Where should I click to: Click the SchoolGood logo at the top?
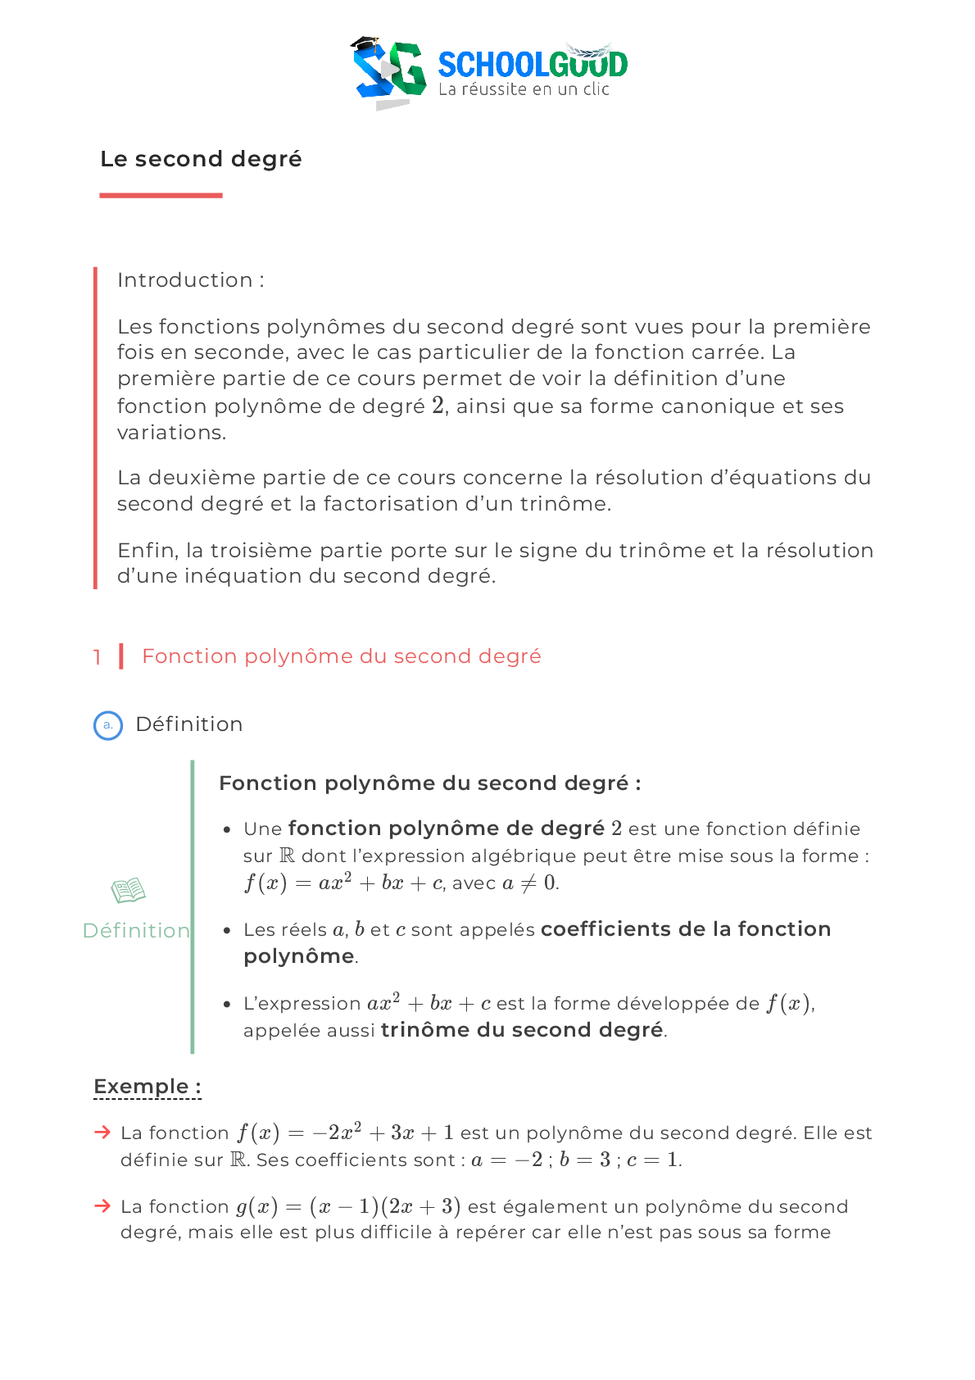490,66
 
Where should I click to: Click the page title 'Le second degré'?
201,159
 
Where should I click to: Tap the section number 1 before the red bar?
97,657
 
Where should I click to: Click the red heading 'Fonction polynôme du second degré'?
341,656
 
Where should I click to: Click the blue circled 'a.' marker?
108,725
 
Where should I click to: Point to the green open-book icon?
129,890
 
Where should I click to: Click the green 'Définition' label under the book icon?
136,931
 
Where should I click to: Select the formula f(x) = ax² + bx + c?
344,883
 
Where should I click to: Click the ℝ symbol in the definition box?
287,856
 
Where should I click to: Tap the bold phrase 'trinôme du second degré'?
522,1030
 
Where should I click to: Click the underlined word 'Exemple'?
141,1087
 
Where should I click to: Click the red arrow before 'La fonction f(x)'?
102,1133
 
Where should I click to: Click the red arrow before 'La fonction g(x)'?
102,1205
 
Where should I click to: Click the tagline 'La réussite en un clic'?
524,89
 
